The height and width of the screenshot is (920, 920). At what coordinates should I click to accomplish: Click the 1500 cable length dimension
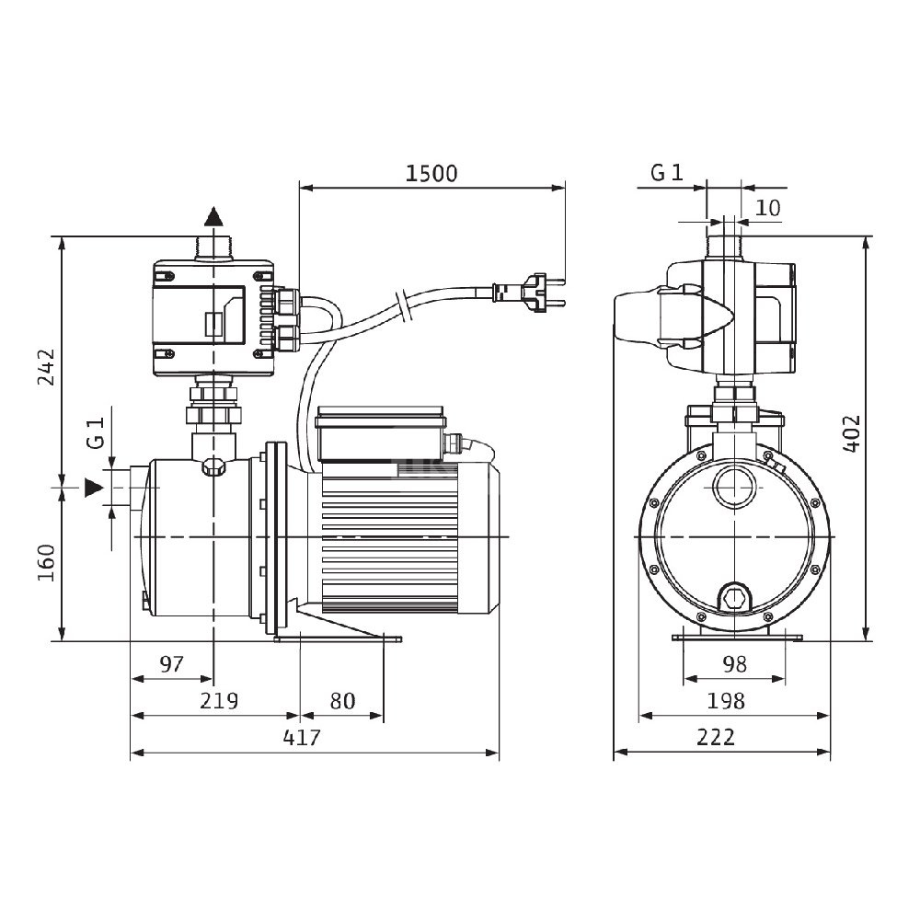pos(431,174)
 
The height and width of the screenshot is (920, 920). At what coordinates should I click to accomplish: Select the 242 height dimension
pos(46,366)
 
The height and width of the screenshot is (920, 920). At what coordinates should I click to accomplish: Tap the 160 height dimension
pos(46,562)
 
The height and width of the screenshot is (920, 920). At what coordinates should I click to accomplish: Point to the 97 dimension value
pos(171,664)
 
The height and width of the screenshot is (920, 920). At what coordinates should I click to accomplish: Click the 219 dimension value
pos(219,701)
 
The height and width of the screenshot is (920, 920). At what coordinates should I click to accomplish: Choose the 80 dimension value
pos(342,701)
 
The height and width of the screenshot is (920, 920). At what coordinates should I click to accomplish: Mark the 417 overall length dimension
pos(302,738)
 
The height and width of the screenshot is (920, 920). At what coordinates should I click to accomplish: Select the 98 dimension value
pos(734,664)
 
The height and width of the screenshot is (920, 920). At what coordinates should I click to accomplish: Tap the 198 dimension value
pos(727,701)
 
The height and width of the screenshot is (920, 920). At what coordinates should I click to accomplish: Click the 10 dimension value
pos(767,208)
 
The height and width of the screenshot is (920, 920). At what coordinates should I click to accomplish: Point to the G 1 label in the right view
pos(667,173)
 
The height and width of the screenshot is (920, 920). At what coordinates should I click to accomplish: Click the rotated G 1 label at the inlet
pos(95,431)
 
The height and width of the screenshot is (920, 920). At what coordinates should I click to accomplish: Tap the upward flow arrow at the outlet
pos(213,217)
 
